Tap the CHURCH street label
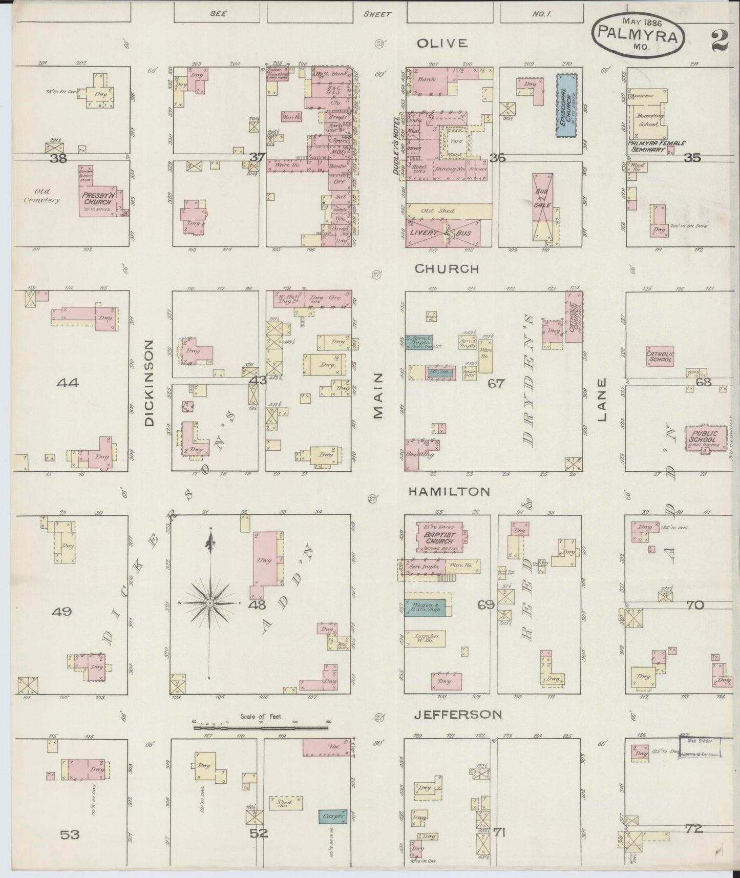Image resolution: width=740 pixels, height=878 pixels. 447,268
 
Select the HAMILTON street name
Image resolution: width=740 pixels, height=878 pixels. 449,492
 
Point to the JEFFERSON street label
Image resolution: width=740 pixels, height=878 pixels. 458,714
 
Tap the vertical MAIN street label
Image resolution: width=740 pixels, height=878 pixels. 379,395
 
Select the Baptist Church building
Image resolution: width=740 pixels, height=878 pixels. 439,537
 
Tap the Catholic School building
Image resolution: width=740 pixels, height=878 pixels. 660,357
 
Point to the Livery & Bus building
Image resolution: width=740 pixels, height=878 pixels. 443,234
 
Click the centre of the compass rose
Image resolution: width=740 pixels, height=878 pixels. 209,604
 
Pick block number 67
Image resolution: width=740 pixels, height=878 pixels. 496,383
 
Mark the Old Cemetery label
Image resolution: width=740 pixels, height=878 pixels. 43,196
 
